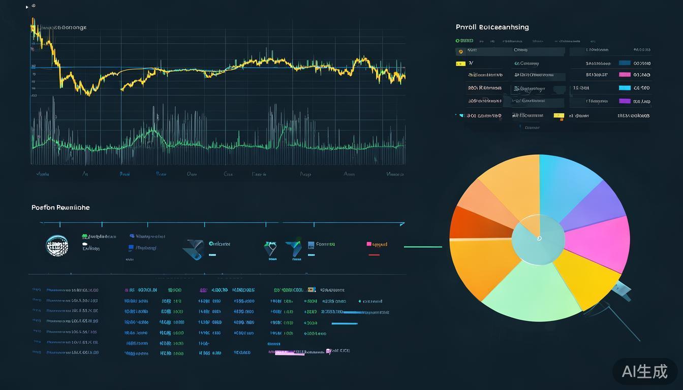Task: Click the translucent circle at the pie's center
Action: click(x=538, y=239)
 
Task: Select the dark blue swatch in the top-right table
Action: click(x=625, y=63)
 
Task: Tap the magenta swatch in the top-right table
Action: click(x=625, y=75)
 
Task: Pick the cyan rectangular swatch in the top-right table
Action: click(x=625, y=88)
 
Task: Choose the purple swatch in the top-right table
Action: click(x=625, y=101)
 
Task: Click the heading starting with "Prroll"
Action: click(x=492, y=27)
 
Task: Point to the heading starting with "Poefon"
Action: click(x=60, y=207)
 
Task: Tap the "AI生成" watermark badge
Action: click(x=644, y=371)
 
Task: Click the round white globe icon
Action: click(x=57, y=246)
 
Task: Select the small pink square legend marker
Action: click(x=369, y=244)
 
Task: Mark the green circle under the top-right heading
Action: click(x=457, y=41)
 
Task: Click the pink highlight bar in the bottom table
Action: click(x=290, y=353)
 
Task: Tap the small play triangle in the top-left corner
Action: click(x=27, y=7)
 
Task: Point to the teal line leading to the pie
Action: click(x=423, y=247)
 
